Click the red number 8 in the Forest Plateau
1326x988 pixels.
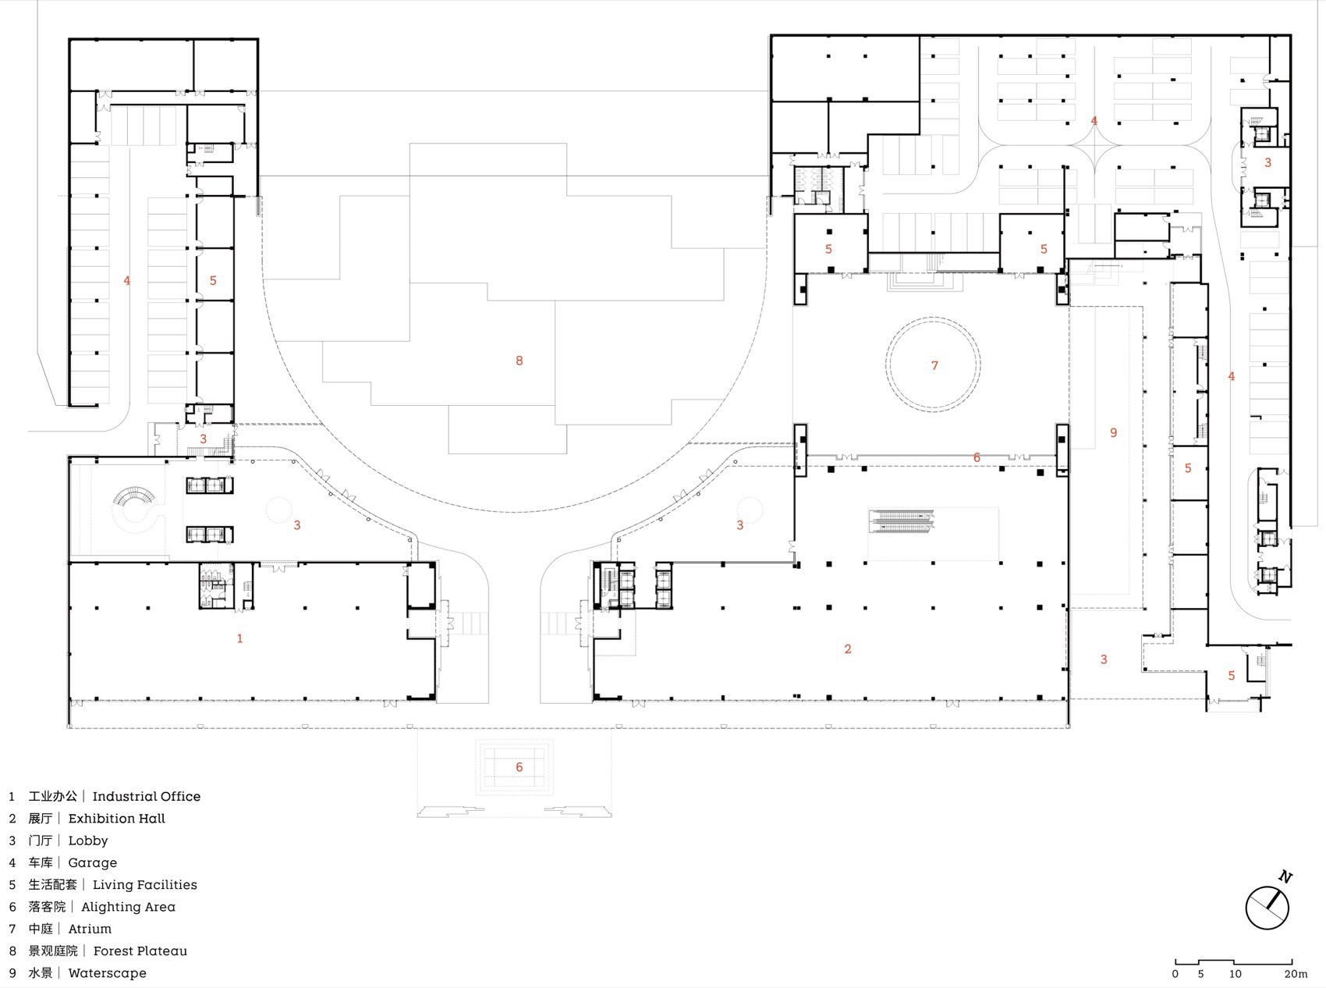519,361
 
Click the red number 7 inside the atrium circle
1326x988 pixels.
934,365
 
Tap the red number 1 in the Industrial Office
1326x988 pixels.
239,638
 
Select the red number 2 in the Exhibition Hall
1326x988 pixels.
848,649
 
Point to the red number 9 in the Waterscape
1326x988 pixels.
1113,432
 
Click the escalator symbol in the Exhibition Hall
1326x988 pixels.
901,521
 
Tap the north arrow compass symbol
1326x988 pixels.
1267,908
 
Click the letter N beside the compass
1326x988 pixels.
1285,876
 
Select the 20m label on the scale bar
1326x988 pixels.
1295,974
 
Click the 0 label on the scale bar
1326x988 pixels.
1175,974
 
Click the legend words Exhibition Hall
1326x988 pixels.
116,819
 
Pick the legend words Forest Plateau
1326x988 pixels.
140,951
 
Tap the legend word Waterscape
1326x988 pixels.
107,973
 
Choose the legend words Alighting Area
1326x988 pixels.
128,907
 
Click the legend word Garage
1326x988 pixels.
92,862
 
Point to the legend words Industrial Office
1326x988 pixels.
146,797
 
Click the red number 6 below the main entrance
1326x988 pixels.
519,767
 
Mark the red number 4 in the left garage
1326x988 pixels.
127,280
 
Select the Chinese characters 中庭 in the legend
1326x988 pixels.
41,929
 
